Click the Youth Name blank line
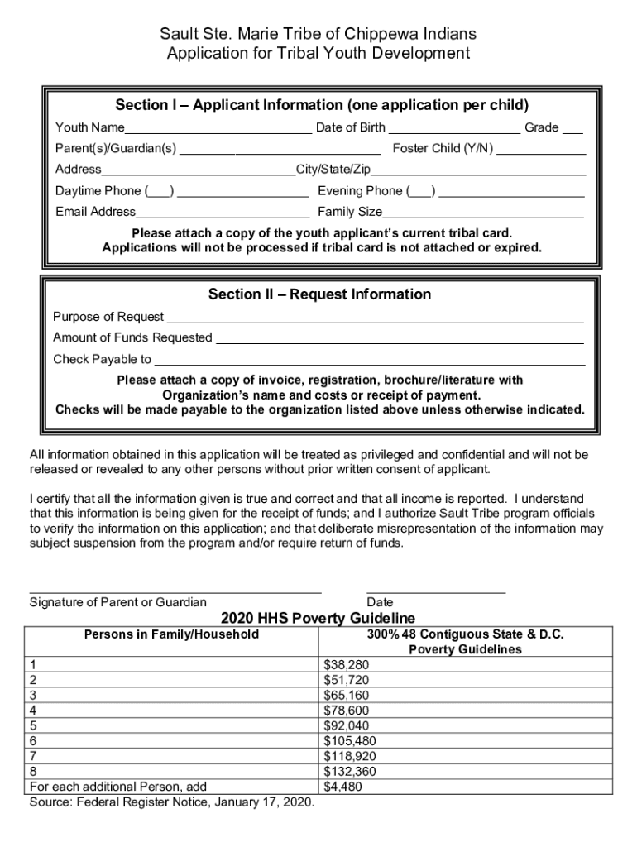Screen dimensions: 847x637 tap(218, 129)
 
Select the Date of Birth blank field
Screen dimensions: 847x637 tap(454, 129)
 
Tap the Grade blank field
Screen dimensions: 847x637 tap(572, 129)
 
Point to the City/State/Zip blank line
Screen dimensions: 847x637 tap(478, 171)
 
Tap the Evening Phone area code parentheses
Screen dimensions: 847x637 tap(422, 192)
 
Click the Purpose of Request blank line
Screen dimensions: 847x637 tap(376, 318)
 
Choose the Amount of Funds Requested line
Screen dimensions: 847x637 tap(399, 339)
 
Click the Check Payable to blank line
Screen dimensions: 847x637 tap(370, 361)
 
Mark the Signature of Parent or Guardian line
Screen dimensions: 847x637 tap(175, 591)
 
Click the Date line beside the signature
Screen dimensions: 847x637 tap(435, 591)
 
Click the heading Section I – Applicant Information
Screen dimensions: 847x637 tap(322, 106)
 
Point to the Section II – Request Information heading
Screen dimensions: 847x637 tap(319, 294)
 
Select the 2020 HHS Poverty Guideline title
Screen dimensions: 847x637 tap(318, 619)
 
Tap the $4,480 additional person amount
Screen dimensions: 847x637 tap(343, 787)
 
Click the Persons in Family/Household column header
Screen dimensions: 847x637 tap(171, 634)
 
